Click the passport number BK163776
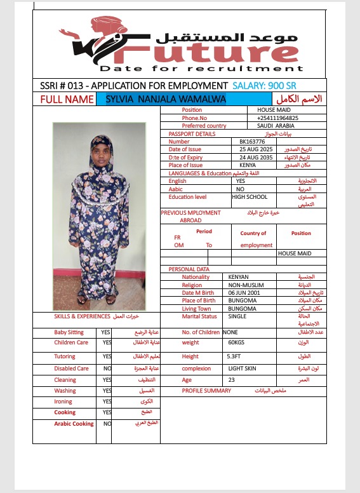[x=251, y=142]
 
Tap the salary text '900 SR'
[x=281, y=86]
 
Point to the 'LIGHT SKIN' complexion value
[x=243, y=368]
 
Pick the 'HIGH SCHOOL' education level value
[x=250, y=197]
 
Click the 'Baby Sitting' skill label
[x=69, y=332]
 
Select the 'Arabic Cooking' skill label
[x=74, y=423]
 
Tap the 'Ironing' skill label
[x=63, y=402]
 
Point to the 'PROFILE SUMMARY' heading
[x=206, y=391]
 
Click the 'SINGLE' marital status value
[x=237, y=316]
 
